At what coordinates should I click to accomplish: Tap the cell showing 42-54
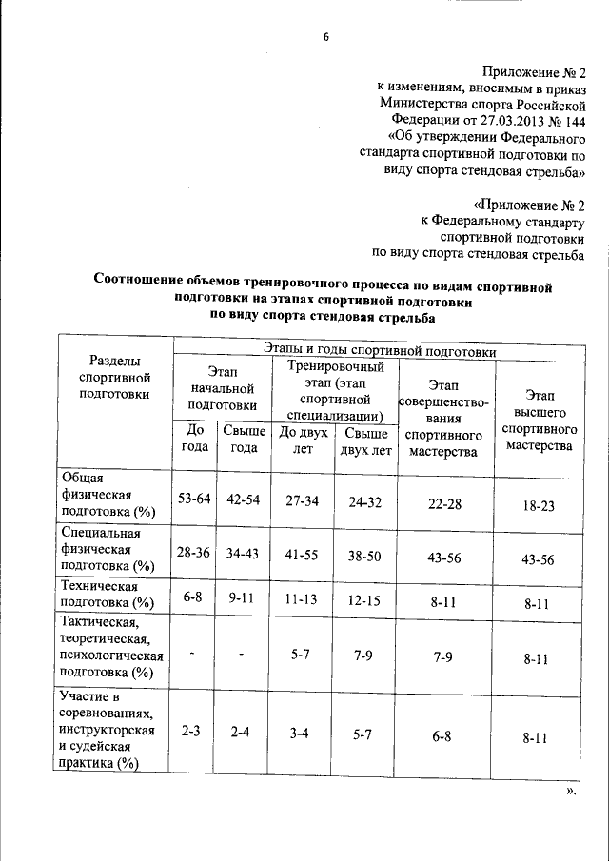pos(244,499)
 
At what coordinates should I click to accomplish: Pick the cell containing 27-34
pos(304,499)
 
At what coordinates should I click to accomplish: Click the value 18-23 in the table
pos(539,506)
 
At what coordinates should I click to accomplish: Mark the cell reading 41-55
pos(304,555)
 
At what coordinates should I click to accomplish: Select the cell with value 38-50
pos(364,555)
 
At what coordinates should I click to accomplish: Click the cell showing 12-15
pos(364,600)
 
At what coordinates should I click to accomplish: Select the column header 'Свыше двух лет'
pos(364,441)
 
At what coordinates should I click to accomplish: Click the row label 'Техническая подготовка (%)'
pos(104,595)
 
